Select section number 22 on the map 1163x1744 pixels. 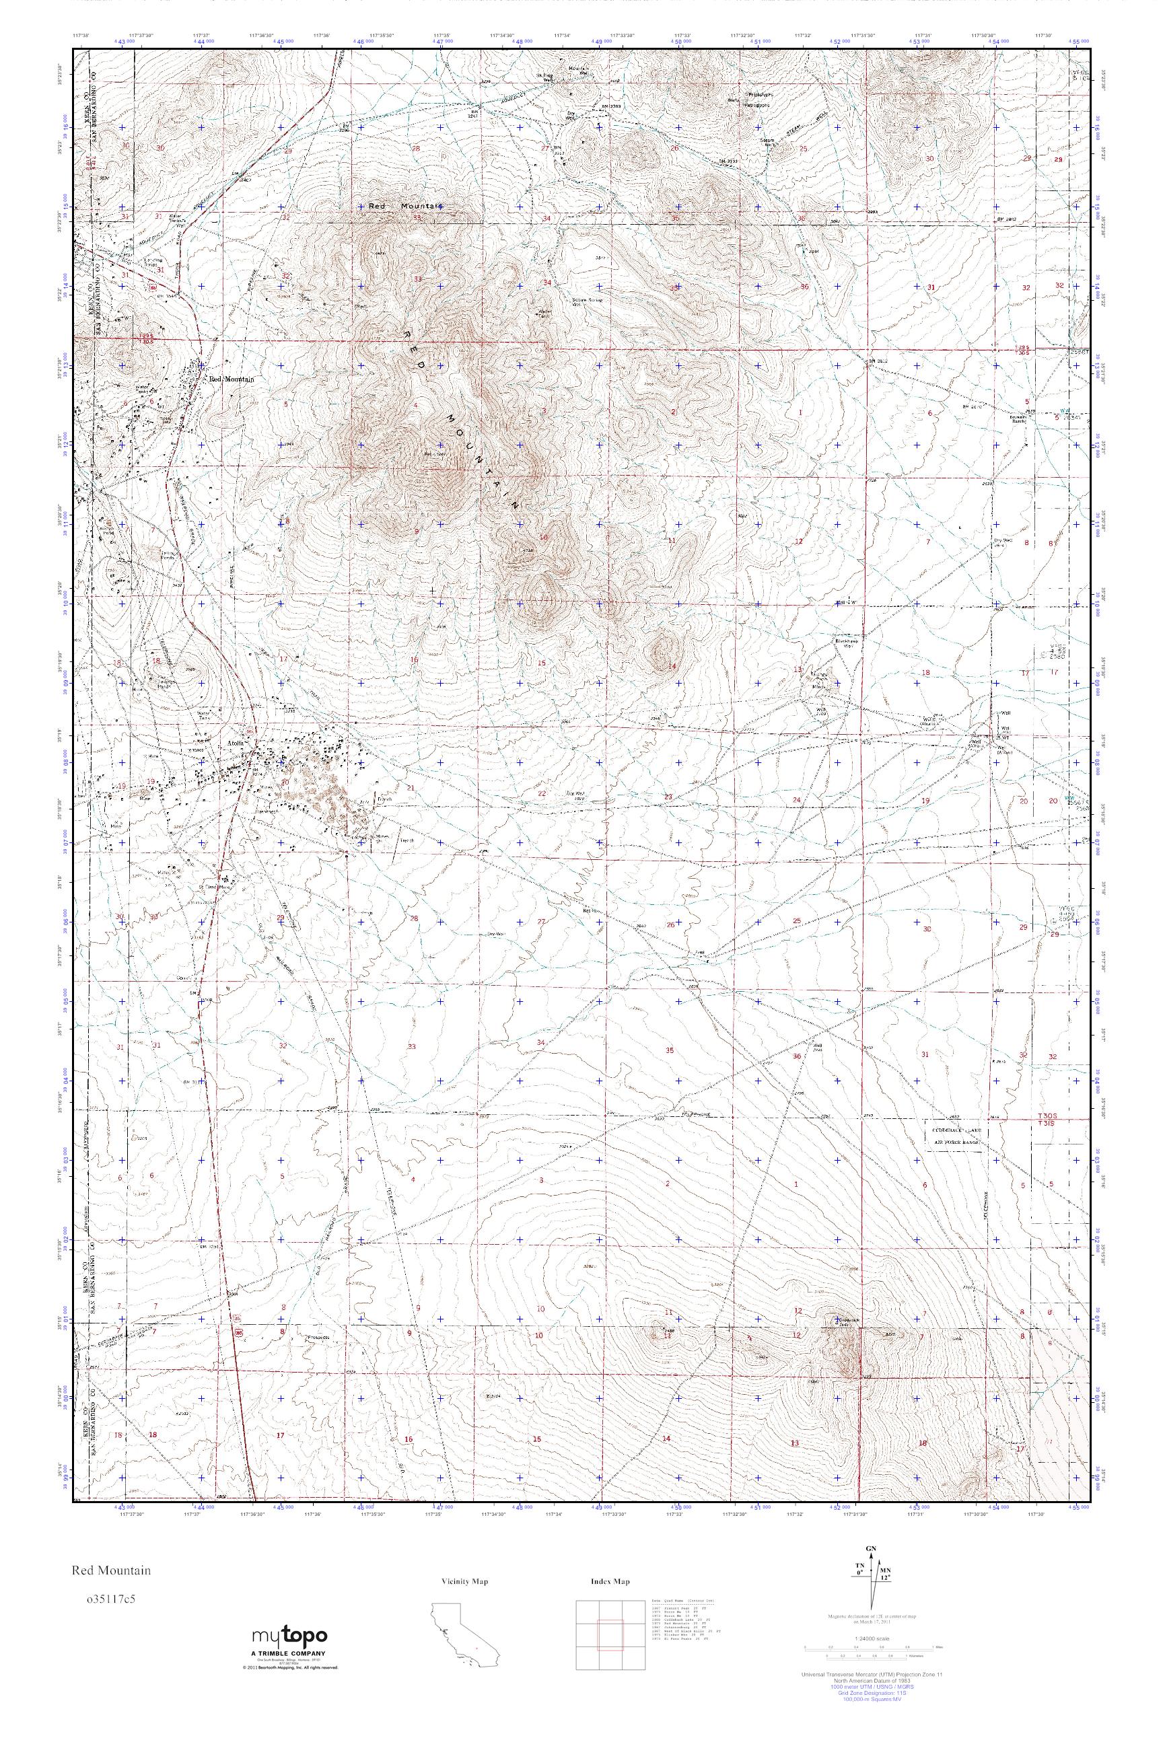[541, 793]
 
